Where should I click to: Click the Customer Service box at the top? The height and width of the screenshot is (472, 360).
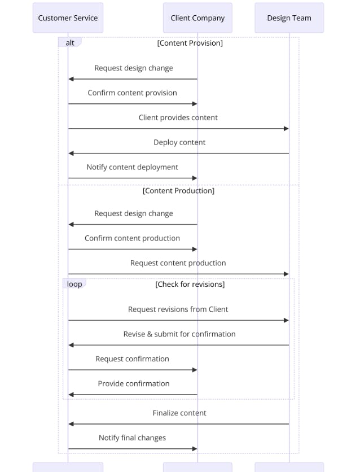point(68,18)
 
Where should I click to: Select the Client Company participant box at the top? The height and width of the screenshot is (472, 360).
point(197,18)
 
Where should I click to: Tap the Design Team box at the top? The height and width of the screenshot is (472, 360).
point(289,18)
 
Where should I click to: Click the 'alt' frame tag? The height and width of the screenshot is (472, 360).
point(70,42)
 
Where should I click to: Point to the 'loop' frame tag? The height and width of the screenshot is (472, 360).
point(74,284)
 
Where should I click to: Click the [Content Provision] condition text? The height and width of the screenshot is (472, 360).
point(190,43)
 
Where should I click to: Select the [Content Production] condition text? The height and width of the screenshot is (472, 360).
point(178,191)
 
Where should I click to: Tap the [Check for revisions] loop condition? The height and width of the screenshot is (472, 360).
point(190,285)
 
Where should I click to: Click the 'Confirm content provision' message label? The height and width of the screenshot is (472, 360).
point(133,93)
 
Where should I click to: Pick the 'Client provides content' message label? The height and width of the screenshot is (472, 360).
point(178,117)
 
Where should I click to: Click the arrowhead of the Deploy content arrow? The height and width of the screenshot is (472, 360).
point(71,154)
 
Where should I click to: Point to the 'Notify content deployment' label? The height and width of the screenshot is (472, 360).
point(133,167)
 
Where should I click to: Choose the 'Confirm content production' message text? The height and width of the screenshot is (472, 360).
point(133,238)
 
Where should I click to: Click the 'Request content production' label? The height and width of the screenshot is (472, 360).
point(178,263)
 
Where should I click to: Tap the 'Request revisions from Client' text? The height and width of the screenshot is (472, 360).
point(178,309)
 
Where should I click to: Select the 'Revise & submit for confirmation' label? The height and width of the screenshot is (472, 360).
point(179,334)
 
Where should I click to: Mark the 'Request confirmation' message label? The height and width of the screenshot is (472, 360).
point(133,359)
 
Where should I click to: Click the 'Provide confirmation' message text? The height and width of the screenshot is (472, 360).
point(134,383)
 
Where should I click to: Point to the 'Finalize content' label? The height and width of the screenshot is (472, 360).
point(179,413)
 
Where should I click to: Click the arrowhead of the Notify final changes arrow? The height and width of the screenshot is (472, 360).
point(195,449)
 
